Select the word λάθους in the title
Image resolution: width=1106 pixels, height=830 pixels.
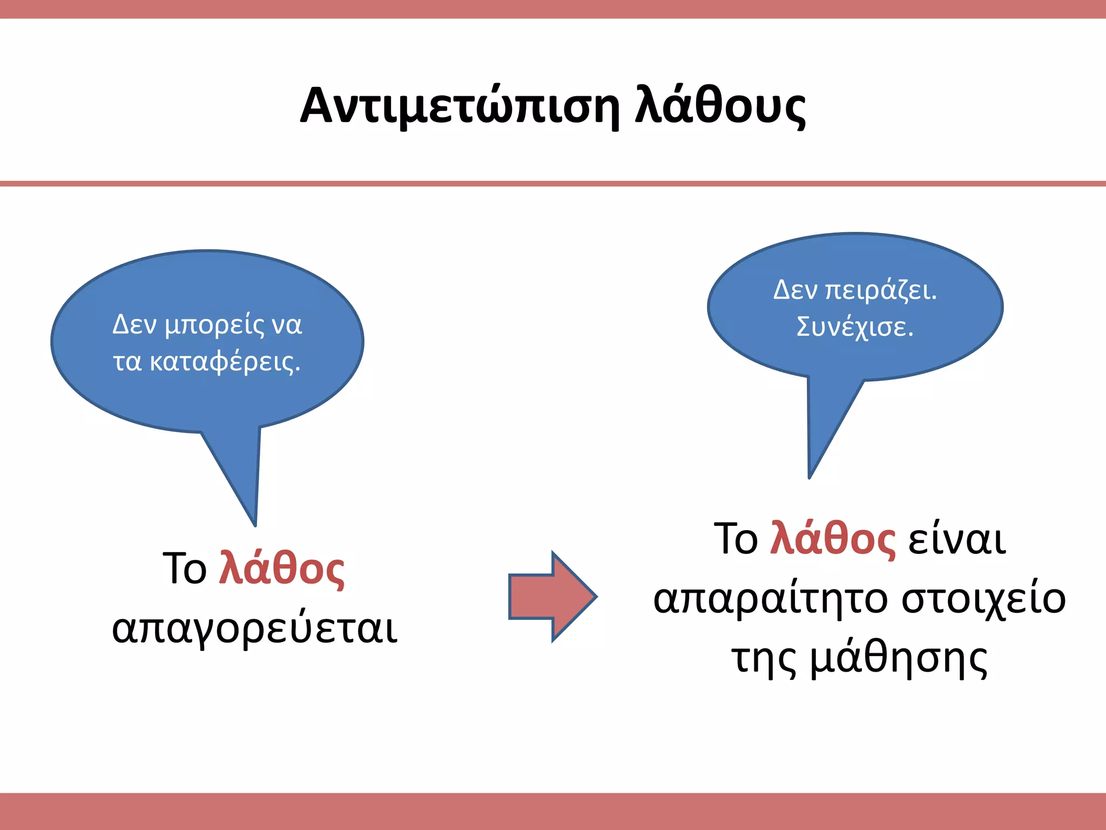point(720,106)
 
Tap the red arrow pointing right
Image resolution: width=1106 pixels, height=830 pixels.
point(552,597)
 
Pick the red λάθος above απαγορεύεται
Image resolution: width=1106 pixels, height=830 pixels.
point(281,568)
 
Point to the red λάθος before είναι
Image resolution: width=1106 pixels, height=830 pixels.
point(832,538)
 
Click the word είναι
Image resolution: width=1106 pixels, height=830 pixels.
point(957,539)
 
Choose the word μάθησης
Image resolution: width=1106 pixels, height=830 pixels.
point(899,659)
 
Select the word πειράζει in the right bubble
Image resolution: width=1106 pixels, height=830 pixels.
point(880,291)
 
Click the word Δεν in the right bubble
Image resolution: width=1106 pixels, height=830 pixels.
point(795,290)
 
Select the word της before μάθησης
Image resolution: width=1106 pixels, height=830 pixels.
point(764,659)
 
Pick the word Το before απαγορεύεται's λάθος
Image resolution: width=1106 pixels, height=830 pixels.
point(184,568)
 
